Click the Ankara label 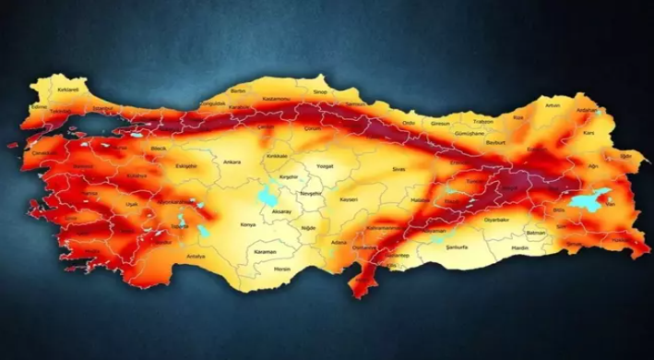tap(232, 162)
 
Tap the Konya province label tap(247, 224)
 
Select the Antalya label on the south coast tap(196, 255)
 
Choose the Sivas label tap(399, 170)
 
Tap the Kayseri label tap(348, 198)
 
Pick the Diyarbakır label tap(495, 221)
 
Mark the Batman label tap(535, 233)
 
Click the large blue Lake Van tap(588, 199)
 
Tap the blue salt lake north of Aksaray tap(269, 196)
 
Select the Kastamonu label tap(277, 97)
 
